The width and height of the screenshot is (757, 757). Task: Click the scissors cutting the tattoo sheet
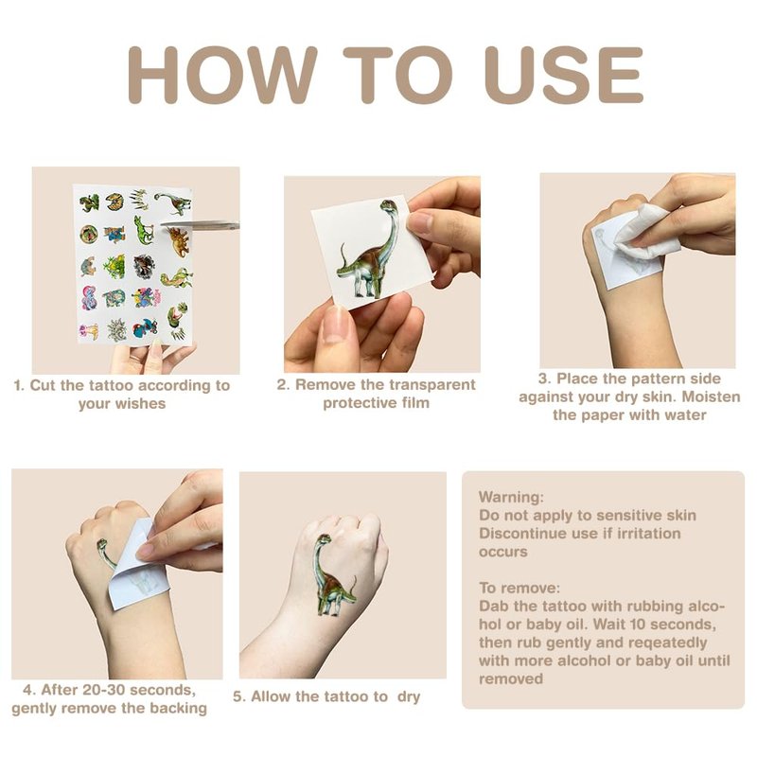(x=200, y=224)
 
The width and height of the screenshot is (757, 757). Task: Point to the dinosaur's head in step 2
(x=389, y=206)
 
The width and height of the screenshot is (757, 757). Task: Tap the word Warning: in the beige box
(x=511, y=497)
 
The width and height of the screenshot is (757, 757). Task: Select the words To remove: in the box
(x=519, y=588)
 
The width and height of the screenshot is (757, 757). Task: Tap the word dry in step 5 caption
(x=409, y=697)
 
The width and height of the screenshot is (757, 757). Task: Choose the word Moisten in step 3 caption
(x=712, y=396)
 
